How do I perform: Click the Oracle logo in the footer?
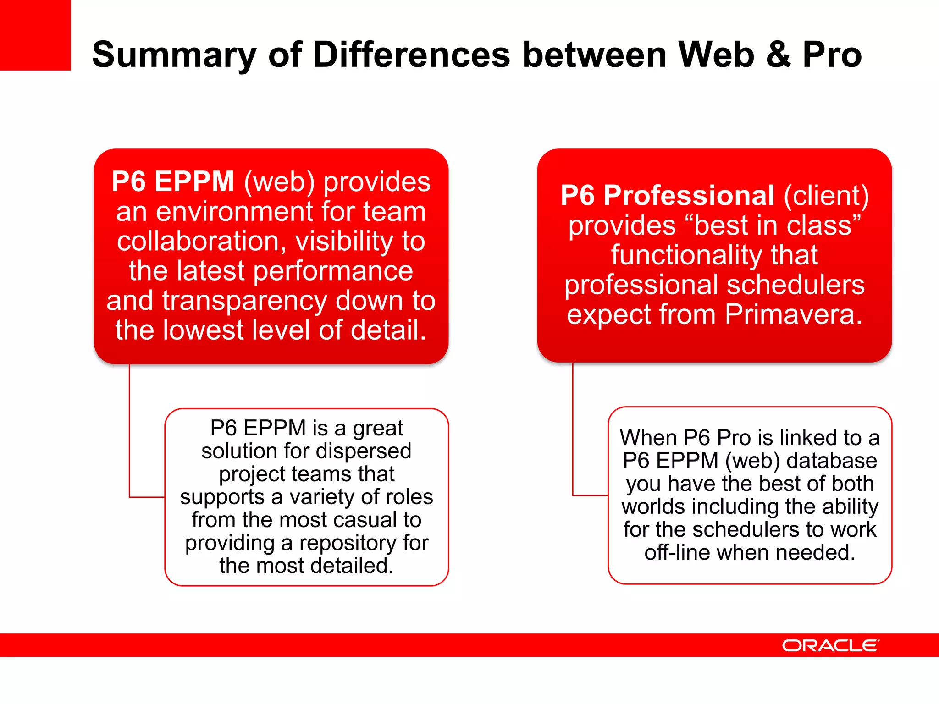tap(830, 645)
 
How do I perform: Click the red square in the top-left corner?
tap(35, 35)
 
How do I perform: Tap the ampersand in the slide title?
tap(778, 55)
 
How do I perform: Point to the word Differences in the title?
tap(411, 55)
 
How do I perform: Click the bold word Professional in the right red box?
tap(689, 196)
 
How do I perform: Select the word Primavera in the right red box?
tap(793, 315)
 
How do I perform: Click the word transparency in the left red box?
tap(245, 301)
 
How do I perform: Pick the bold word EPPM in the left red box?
tap(194, 181)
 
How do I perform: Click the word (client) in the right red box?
tap(826, 196)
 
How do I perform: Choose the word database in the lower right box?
tap(832, 461)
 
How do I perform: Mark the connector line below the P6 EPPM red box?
tap(130, 431)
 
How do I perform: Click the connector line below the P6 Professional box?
tap(573, 429)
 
